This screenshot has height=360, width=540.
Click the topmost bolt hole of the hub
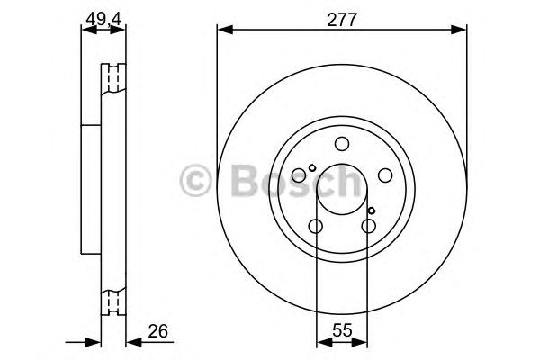point(342,144)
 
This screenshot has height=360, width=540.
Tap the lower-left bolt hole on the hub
point(316,227)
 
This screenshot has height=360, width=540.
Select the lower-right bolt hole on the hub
point(368,227)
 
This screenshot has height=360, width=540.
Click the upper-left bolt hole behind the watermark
point(300,176)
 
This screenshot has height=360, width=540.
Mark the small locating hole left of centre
point(312,168)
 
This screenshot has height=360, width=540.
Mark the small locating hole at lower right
point(372,211)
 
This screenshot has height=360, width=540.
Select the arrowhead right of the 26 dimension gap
point(130,342)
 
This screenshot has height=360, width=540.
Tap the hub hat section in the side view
point(91,189)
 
